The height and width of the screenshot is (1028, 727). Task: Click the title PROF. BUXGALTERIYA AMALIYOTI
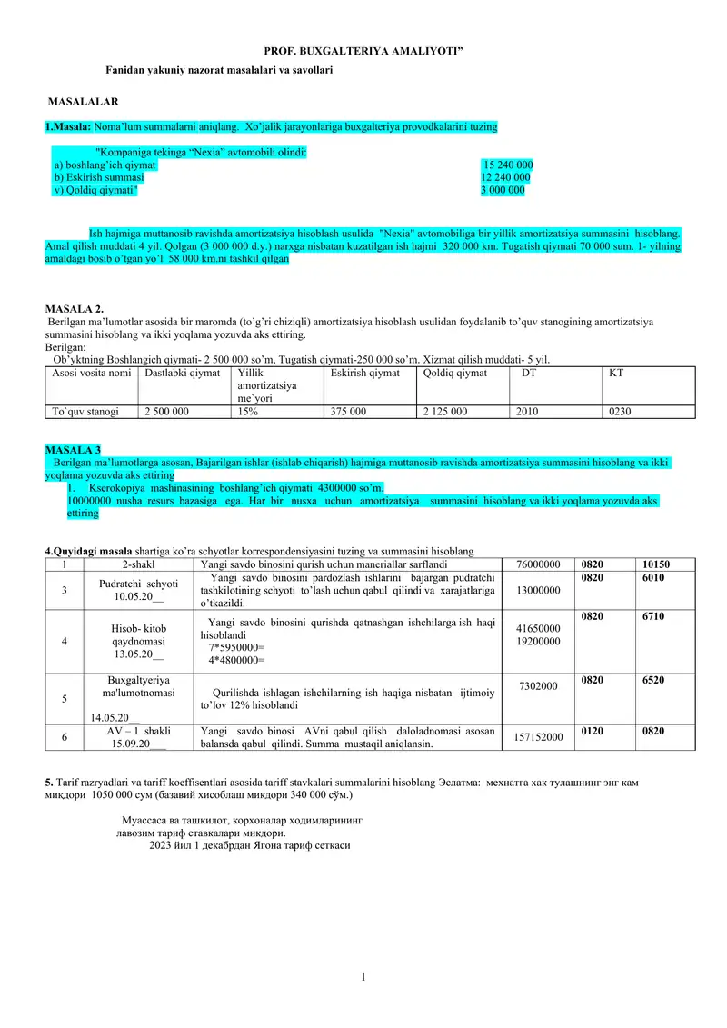(x=363, y=55)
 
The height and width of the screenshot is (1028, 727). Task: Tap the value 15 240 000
(x=507, y=165)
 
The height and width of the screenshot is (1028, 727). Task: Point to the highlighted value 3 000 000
(x=503, y=191)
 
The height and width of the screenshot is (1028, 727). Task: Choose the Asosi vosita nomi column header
(x=92, y=373)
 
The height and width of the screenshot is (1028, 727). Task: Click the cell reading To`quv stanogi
(x=86, y=412)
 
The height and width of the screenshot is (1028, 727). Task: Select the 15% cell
(x=245, y=412)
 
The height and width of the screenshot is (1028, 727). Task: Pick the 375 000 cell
(x=348, y=412)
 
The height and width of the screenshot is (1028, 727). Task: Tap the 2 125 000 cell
(x=445, y=412)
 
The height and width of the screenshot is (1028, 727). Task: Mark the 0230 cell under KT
(x=620, y=412)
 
